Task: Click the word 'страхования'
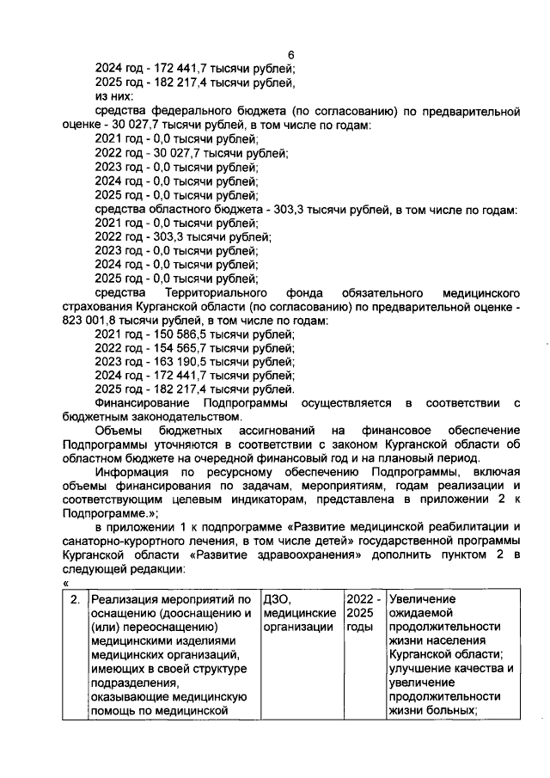96,306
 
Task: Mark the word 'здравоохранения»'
321,555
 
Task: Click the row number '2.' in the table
75,599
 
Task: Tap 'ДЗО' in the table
278,599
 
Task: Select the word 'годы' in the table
361,628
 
